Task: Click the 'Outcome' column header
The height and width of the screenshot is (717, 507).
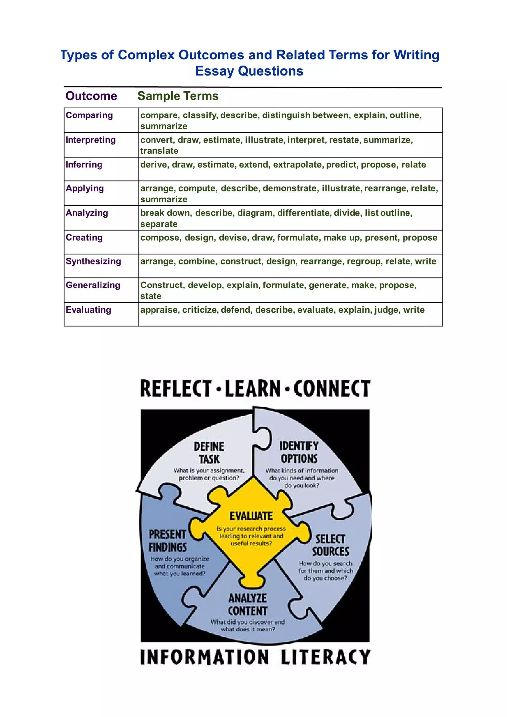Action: tap(91, 96)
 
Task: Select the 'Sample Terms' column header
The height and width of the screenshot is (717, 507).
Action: tap(178, 96)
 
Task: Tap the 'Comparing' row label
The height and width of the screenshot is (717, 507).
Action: tap(89, 115)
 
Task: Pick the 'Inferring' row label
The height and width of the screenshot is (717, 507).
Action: tap(84, 164)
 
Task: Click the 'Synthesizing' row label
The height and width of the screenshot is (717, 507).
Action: tap(93, 261)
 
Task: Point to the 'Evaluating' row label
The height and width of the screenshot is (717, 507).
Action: tap(88, 310)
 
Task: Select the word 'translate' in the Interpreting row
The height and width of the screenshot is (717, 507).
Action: tap(159, 151)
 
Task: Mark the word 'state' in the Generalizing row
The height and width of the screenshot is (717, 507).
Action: tap(151, 296)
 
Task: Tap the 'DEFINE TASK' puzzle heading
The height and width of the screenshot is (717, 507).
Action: tap(209, 453)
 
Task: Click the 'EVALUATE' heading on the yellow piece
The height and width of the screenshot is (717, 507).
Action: tap(251, 516)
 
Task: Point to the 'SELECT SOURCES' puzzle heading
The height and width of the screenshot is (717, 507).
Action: tap(330, 545)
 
